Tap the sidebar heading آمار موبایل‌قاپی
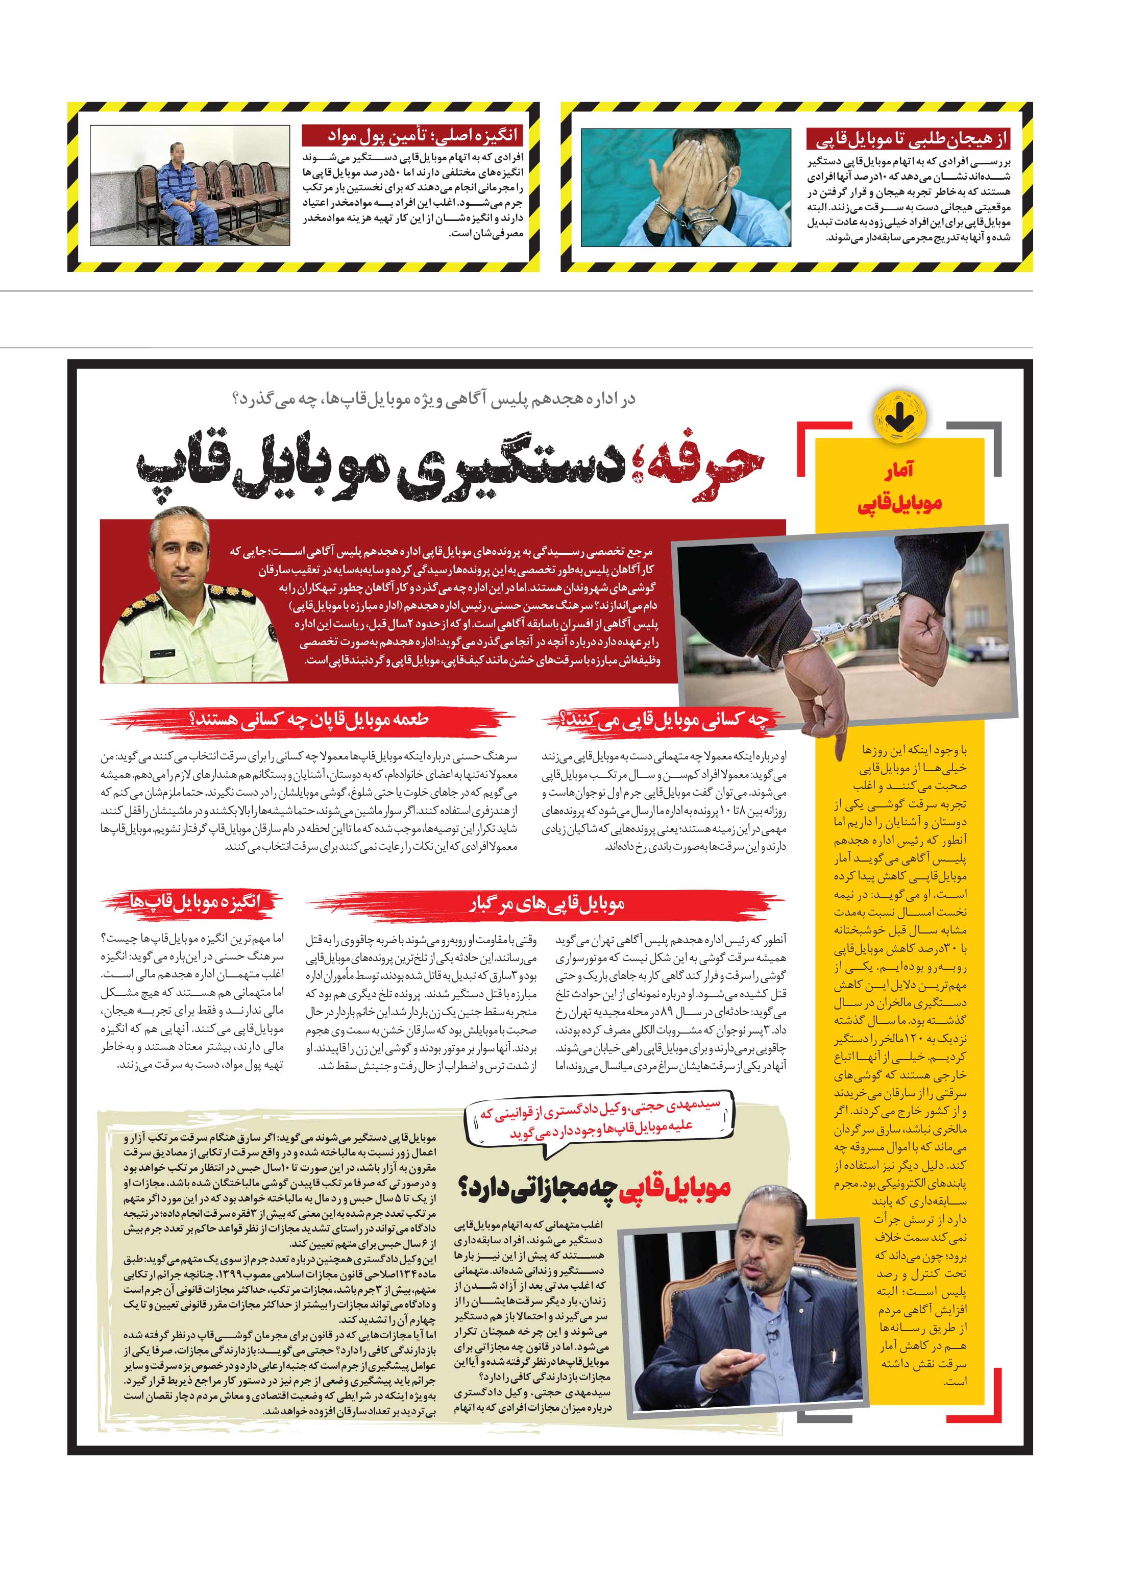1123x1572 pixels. [x=899, y=489]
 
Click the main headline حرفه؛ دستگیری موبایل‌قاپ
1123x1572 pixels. [x=450, y=468]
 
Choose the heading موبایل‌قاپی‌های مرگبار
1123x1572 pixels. [x=546, y=904]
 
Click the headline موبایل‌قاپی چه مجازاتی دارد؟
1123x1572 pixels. [x=594, y=1188]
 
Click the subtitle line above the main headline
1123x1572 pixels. [x=435, y=400]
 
